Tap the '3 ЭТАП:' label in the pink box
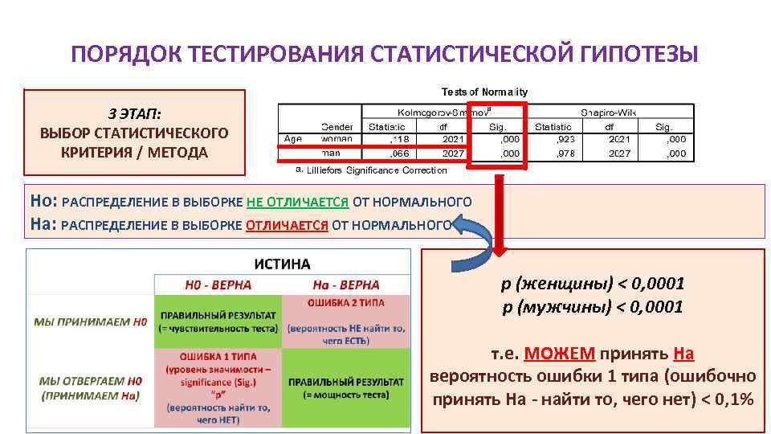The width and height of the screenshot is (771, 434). tap(134, 113)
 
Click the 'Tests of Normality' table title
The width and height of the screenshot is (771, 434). tap(483, 92)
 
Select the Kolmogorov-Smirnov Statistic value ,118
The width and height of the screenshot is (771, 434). tap(399, 139)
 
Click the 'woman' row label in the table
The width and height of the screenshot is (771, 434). tap(337, 139)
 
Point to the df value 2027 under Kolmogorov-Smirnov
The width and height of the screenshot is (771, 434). tap(453, 154)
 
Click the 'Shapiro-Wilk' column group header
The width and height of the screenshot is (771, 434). tap(614, 113)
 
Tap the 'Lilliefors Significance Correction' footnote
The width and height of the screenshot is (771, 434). tap(377, 170)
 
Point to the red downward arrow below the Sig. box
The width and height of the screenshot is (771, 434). tap(499, 209)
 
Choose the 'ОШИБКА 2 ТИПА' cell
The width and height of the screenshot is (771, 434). tap(345, 303)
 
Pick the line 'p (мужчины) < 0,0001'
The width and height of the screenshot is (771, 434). tap(593, 307)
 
